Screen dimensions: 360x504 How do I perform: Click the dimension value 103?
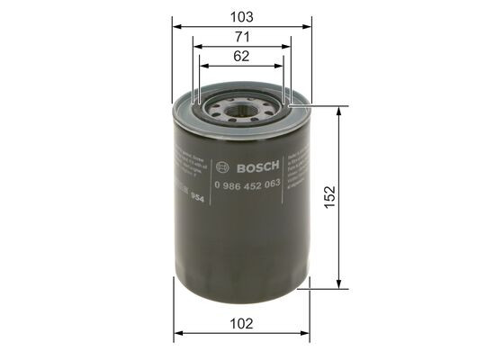tap(241, 17)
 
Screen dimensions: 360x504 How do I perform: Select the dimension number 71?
tap(241, 38)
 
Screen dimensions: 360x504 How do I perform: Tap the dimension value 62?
tap(241, 57)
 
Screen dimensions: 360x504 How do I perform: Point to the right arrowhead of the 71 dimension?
tap(286, 47)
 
